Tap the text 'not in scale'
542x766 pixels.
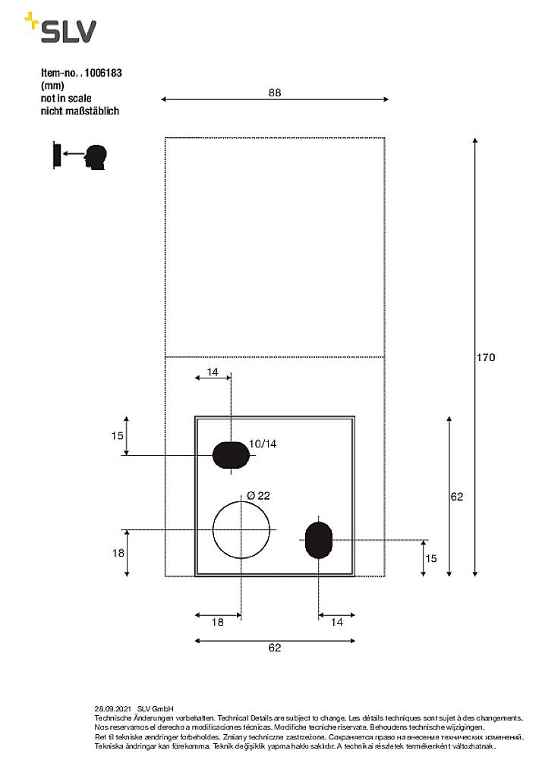pos(66,99)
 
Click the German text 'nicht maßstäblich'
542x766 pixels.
pos(80,111)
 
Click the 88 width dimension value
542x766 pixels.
pos(275,93)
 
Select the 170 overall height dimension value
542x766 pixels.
pos(486,357)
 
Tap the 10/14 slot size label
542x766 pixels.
pos(263,444)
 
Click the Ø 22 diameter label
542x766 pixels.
pos(258,495)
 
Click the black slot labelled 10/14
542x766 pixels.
pos(231,454)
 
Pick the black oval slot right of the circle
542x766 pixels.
pos(317,539)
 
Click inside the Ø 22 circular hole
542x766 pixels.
pos(241,529)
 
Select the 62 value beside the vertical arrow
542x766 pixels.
pos(456,497)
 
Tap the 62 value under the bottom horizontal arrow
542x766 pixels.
pos(275,648)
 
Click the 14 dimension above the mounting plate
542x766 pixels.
pos(213,372)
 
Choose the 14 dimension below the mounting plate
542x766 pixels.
pos(336,622)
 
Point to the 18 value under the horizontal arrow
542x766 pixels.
pos(217,622)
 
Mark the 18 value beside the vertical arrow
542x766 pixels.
pos(118,553)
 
